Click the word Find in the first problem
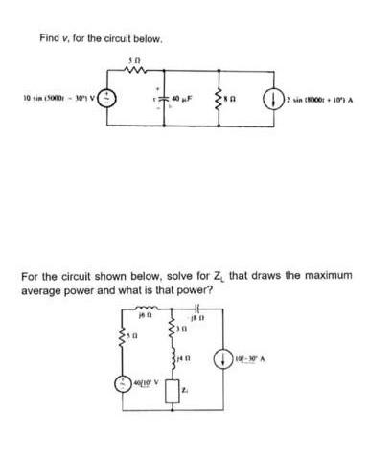click(x=49, y=38)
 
